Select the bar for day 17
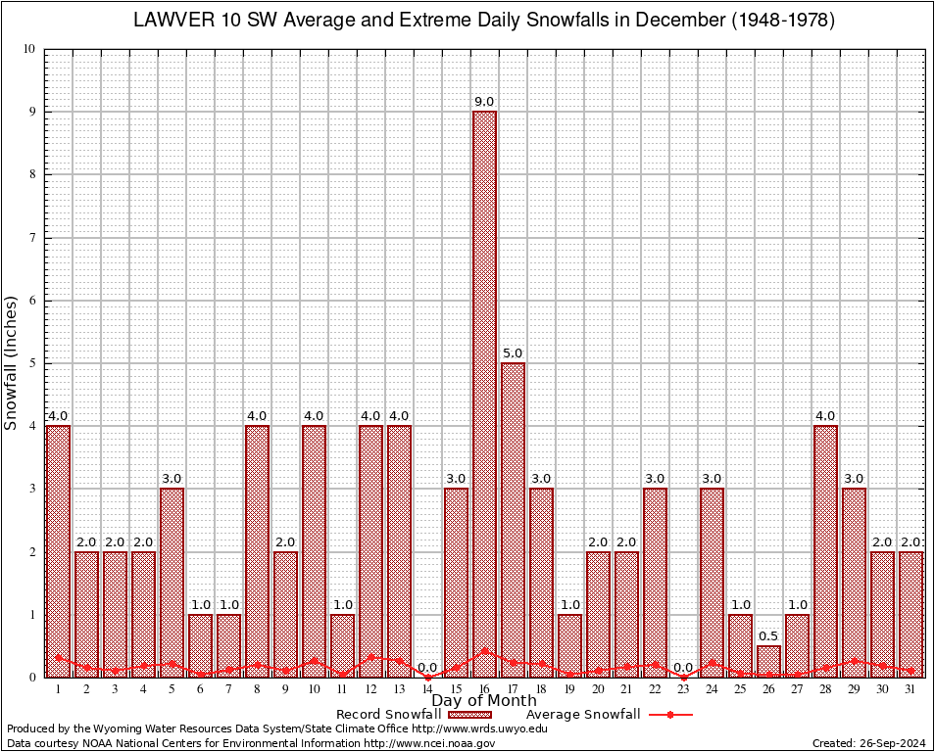click(x=513, y=519)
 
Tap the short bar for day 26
click(x=769, y=661)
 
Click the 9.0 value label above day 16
click(x=484, y=102)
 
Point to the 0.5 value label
click(x=769, y=636)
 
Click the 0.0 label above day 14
click(x=427, y=668)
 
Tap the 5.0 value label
click(x=513, y=353)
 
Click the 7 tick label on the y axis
click(x=32, y=238)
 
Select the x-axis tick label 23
click(x=683, y=689)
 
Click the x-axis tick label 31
click(x=911, y=689)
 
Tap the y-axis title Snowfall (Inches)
click(x=12, y=362)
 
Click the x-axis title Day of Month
click(x=484, y=701)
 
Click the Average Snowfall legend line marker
click(x=669, y=715)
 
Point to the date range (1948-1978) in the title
click(x=775, y=21)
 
